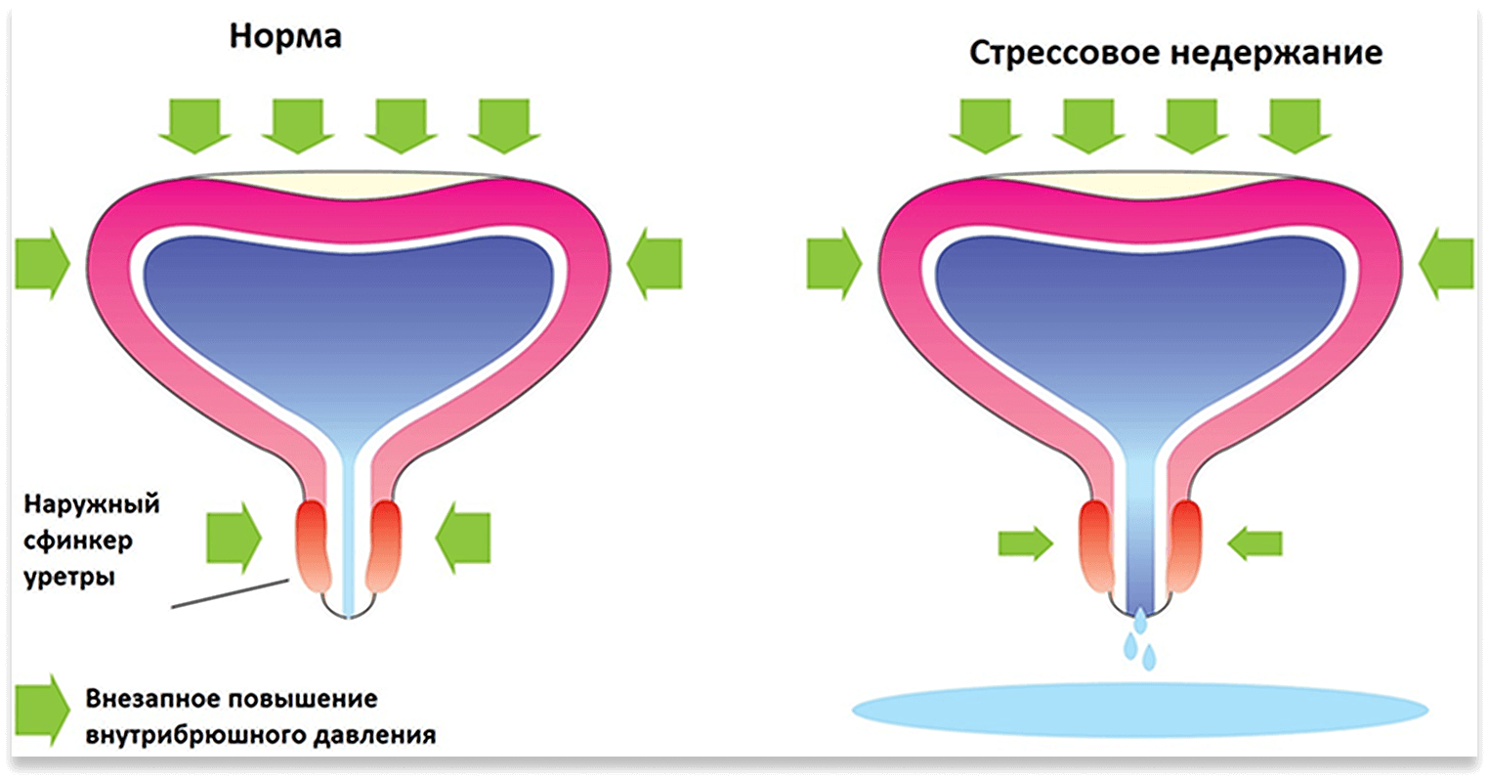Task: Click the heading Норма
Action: [x=285, y=36]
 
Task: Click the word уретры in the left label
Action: [x=69, y=577]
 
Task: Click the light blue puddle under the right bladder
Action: [x=1139, y=708]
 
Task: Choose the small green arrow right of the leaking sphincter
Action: [x=1254, y=543]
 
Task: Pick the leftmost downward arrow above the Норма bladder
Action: [x=194, y=124]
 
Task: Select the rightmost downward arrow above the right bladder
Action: [x=1295, y=124]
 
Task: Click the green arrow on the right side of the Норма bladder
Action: [x=654, y=263]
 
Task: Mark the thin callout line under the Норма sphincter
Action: [x=230, y=592]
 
